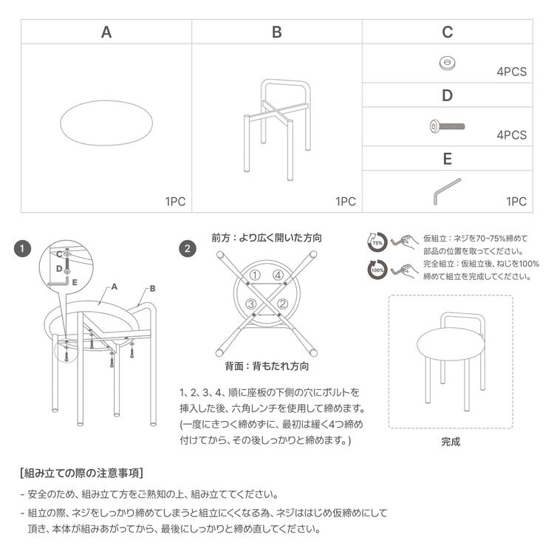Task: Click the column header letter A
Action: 106,33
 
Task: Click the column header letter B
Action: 277,33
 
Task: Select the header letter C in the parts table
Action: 447,33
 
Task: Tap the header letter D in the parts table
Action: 447,95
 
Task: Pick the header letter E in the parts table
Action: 447,158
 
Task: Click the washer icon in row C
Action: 446,62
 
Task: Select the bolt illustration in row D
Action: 446,126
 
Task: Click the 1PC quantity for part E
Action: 516,201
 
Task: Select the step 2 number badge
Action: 190,249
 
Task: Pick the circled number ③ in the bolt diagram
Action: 251,304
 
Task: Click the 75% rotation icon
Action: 377,242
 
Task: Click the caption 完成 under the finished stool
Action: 451,442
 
